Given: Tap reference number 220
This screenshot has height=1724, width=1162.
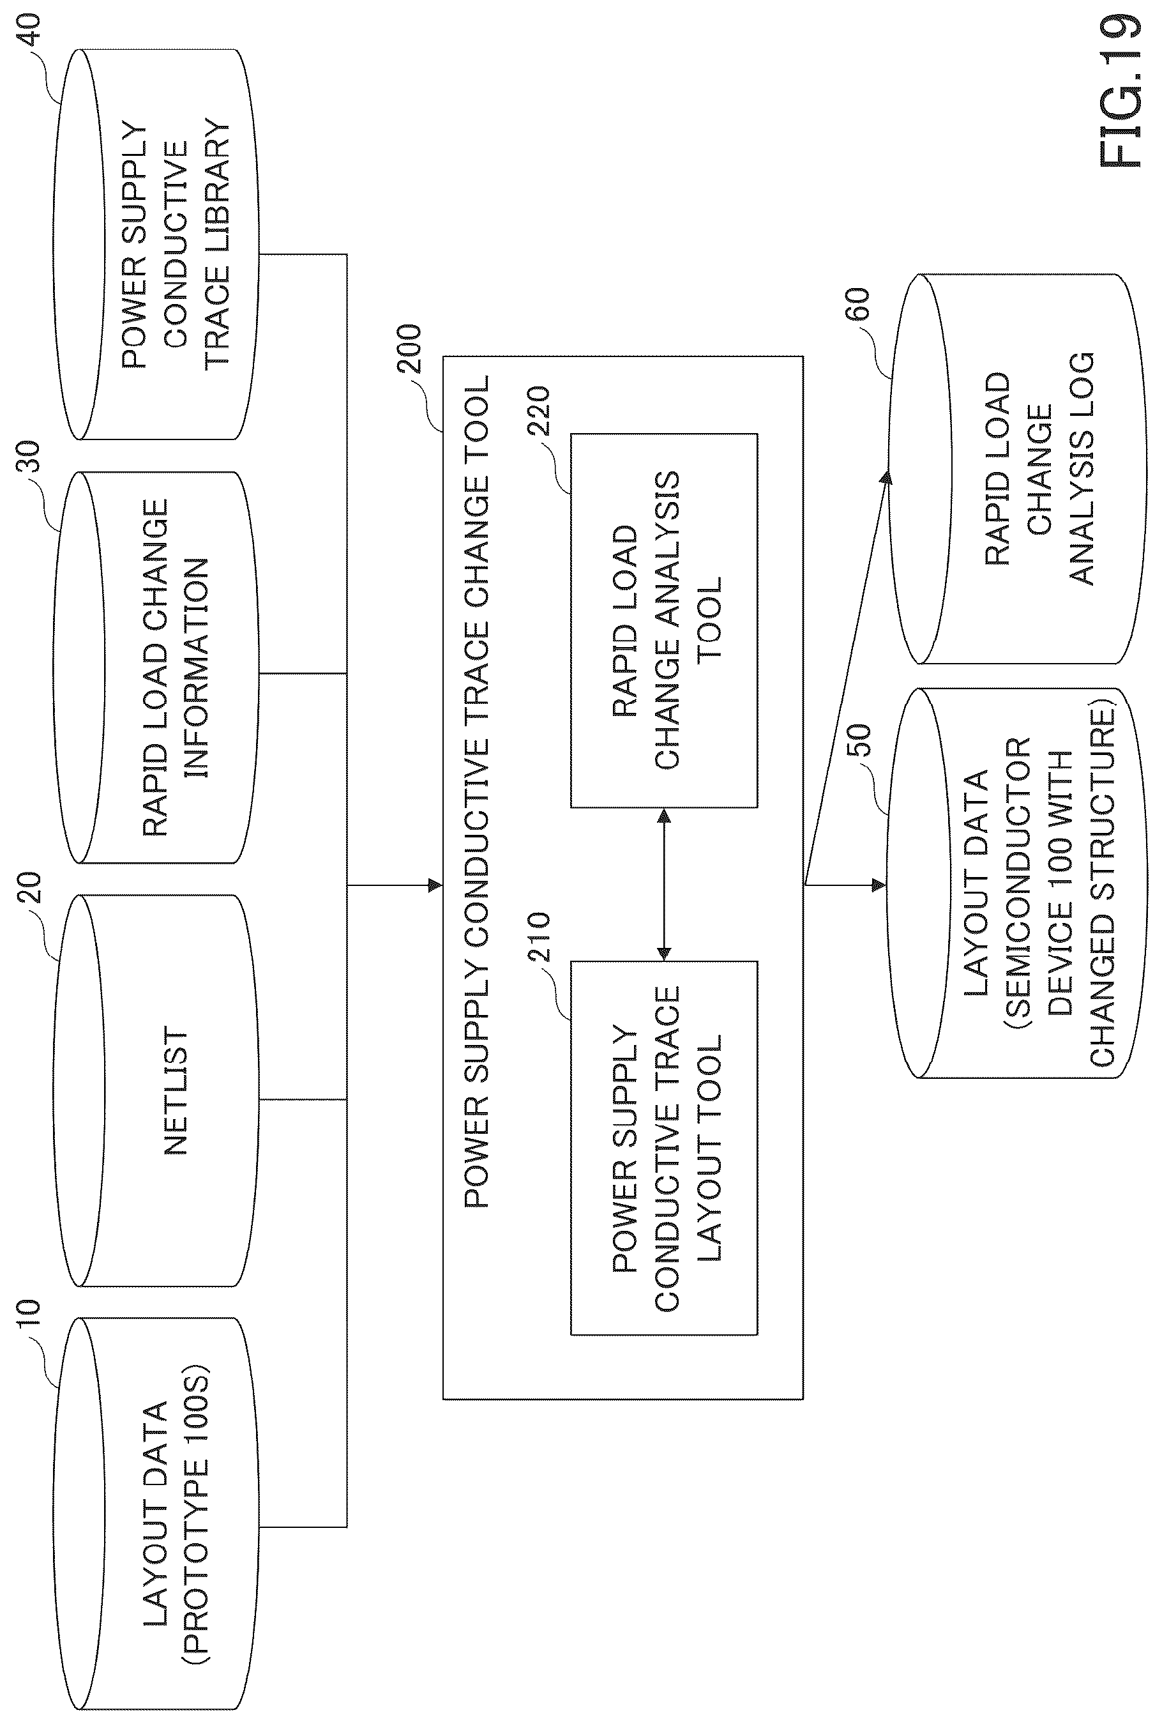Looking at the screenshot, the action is coord(539,411).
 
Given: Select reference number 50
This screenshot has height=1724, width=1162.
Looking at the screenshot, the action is coord(858,740).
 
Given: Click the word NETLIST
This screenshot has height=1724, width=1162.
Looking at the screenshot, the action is coord(176,1090).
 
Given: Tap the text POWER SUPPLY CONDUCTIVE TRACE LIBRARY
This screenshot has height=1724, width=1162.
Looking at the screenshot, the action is coord(176,244).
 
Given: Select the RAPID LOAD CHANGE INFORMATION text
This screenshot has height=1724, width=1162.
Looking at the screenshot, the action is coord(176,667).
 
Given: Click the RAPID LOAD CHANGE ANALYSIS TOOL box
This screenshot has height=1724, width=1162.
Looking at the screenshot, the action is coord(664,620).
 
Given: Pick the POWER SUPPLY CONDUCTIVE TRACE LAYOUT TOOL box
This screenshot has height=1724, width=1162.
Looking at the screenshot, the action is coord(664,1148).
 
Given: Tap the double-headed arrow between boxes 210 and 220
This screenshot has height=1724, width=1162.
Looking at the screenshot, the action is coord(664,884).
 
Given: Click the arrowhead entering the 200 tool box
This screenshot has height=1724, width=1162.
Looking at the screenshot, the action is coord(435,885).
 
